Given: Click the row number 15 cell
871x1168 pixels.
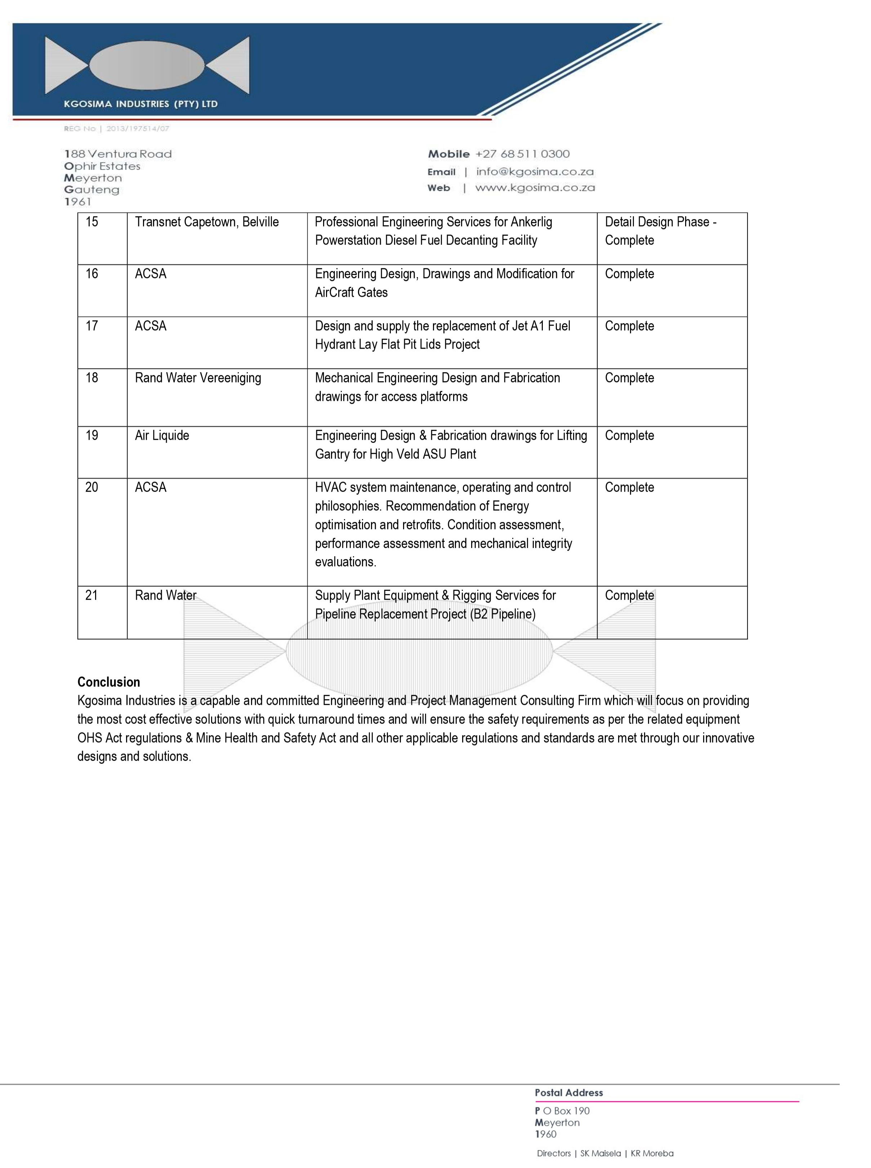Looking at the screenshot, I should coord(92,222).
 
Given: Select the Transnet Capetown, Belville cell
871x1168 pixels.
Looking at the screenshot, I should coord(207,222).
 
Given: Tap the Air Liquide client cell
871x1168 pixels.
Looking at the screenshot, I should coord(162,435).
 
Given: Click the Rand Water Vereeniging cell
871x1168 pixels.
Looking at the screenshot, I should coord(198,378).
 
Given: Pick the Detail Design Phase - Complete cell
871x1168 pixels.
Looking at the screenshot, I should coord(660,231).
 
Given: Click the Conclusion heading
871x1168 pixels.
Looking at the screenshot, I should coord(109,682).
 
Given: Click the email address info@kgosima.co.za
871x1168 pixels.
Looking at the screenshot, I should coord(535,172).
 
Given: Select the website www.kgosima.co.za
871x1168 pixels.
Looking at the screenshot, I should coord(535,188).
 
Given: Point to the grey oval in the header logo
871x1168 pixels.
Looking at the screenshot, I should coord(147,65).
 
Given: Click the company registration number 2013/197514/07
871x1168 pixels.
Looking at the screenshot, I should coord(138,129).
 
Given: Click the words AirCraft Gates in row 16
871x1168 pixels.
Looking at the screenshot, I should coord(351,292).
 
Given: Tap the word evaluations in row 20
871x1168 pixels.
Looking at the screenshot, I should coord(345,562).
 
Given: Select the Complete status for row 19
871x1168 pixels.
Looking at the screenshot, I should coord(629,435).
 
